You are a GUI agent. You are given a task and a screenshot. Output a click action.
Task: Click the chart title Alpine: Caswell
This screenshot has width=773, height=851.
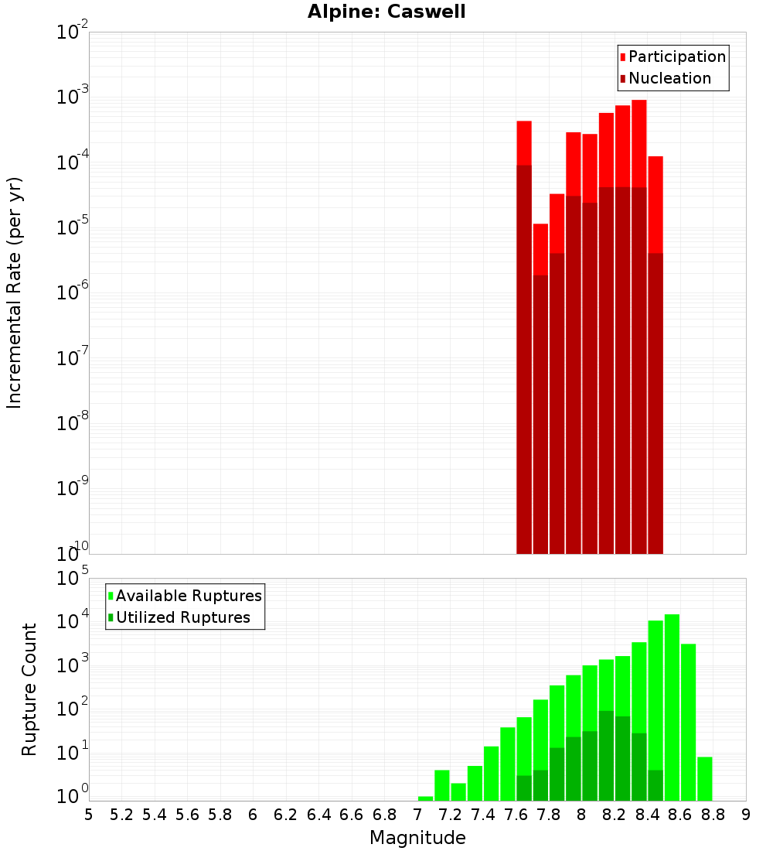pyautogui.click(x=386, y=12)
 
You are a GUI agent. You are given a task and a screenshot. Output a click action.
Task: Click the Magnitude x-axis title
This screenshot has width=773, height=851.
pyautogui.click(x=417, y=838)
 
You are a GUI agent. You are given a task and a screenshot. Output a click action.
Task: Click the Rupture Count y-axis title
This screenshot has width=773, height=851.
pyautogui.click(x=29, y=689)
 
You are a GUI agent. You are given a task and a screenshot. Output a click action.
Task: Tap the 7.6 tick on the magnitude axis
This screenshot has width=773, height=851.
pyautogui.click(x=516, y=815)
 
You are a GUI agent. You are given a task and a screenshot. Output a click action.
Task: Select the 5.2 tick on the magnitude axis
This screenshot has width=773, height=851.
pyautogui.click(x=122, y=815)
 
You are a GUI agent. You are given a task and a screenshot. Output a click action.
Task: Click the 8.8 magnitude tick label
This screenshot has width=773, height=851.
pyautogui.click(x=713, y=815)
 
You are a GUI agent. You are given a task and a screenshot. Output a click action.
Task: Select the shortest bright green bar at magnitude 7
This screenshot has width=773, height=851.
pyautogui.click(x=425, y=798)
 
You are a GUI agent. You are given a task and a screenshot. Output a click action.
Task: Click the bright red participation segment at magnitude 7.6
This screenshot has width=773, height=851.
pyautogui.click(x=524, y=143)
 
